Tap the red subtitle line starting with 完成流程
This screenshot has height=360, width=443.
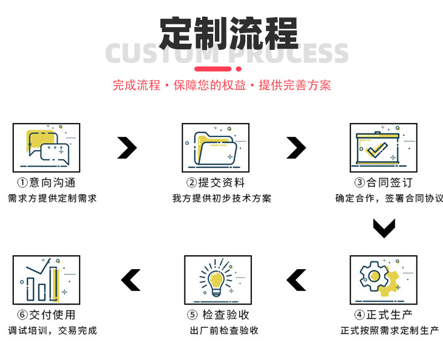pos(221,85)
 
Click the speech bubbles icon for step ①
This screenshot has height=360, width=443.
pos(47,147)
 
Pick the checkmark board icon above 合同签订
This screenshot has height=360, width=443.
pos(383,147)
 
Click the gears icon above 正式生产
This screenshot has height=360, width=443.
pos(383,280)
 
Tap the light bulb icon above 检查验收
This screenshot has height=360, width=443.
pos(218,280)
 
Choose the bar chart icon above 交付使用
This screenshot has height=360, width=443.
pos(47,280)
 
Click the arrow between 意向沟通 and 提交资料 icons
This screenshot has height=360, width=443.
pos(127,147)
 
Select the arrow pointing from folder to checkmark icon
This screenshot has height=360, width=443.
pos(296,147)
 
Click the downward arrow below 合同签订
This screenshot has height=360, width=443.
pos(383,228)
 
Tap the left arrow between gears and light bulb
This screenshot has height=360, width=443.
pos(296,280)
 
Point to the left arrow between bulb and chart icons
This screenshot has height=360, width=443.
pos(131,280)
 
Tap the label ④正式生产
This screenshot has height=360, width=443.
pos(383,315)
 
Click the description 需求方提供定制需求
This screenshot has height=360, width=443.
pos(52,198)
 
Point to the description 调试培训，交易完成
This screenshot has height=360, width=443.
pos(52,331)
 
